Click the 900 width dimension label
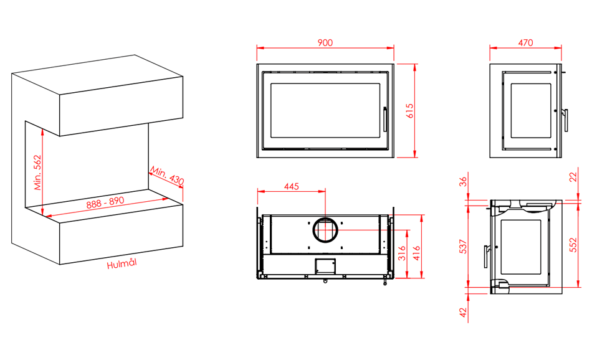coord(325,42)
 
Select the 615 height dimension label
coord(410,111)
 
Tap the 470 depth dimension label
coord(525,42)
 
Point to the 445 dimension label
coord(292,186)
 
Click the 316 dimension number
coord(402,253)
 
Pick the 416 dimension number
coord(416,253)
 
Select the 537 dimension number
coord(463,246)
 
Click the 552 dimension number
coord(573,245)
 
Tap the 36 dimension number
coord(463,181)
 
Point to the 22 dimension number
coord(573,177)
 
